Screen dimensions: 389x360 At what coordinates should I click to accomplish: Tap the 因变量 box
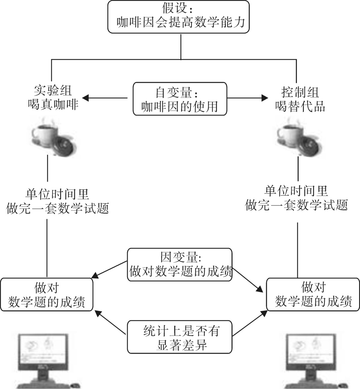point(180,265)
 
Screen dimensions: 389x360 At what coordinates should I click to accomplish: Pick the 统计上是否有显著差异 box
point(180,337)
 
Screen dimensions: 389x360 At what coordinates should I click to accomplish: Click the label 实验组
point(53,91)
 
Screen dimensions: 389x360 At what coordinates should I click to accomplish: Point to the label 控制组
point(300,91)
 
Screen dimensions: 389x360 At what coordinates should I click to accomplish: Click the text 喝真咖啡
point(53,105)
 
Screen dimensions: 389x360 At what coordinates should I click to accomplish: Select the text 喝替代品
point(300,106)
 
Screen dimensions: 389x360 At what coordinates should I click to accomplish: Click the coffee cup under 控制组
point(291,135)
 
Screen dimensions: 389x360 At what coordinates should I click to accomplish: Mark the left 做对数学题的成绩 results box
point(47,295)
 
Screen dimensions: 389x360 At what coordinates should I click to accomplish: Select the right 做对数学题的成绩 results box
point(313,295)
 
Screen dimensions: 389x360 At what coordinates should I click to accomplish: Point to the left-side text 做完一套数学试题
point(57,209)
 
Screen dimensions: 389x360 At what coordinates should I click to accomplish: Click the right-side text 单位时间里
point(296,191)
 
